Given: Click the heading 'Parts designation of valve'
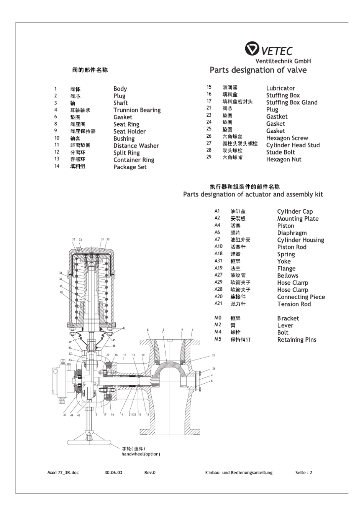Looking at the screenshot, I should [258, 70].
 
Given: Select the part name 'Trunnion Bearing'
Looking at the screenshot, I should [137, 110].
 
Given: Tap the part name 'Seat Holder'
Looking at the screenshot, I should [130, 132].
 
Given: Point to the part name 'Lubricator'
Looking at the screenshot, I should [280, 88].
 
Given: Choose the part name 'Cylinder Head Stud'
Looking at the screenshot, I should [293, 145].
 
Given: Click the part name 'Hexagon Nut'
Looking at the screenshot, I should [284, 160].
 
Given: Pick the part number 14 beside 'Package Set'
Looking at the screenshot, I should [57, 166].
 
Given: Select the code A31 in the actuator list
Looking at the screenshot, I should [218, 261].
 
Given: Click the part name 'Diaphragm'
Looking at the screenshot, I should [292, 233].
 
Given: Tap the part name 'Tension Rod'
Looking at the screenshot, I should [294, 304].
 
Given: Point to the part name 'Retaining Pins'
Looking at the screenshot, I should [297, 340].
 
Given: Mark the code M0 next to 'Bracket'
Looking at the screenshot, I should [218, 318].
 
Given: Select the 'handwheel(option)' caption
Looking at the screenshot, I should [141, 454].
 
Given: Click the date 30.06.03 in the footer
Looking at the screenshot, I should [113, 473].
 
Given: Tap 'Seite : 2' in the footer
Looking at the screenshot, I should [304, 473].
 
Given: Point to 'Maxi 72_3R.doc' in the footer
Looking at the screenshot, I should [60, 473].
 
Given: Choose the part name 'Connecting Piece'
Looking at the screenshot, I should [301, 297].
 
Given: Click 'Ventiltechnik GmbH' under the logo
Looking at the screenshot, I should [283, 61].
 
